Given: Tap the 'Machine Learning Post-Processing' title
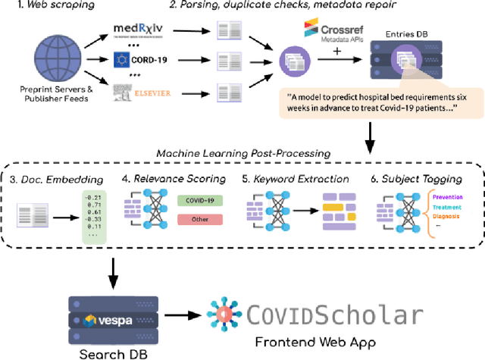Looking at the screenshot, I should click(241, 153).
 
